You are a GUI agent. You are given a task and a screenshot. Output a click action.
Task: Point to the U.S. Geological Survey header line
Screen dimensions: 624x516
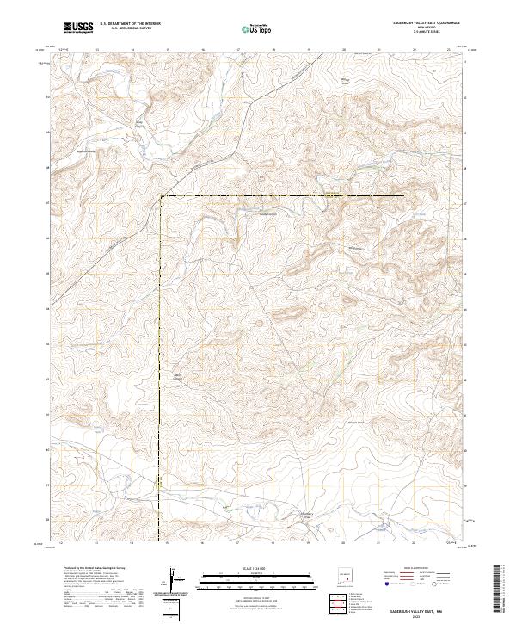click(x=130, y=28)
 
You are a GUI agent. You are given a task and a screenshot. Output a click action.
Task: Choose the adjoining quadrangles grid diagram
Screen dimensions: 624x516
click(x=341, y=605)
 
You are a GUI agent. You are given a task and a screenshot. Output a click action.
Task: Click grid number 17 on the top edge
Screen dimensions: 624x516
click(x=238, y=50)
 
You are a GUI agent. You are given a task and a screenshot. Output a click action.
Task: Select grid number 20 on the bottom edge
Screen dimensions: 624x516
click(x=344, y=544)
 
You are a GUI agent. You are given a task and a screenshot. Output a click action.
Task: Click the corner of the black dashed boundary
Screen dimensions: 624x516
click(x=161, y=197)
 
